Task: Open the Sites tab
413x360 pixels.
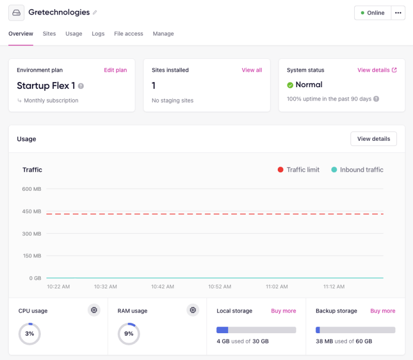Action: tap(49, 34)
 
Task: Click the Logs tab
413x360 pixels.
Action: tap(98, 34)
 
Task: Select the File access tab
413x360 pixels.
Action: tap(129, 34)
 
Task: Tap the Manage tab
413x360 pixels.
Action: tap(163, 34)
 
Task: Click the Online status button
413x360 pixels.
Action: tap(372, 13)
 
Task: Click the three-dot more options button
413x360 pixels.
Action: tap(398, 13)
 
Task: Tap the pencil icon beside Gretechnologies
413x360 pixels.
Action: tap(94, 12)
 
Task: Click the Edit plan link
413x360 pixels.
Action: tap(115, 70)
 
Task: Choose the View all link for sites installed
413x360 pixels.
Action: tap(251, 70)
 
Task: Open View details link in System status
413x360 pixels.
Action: tap(377, 70)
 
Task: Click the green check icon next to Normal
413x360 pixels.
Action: tap(290, 85)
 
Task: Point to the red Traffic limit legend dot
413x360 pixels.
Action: tap(281, 170)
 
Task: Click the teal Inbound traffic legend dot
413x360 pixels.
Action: tap(334, 170)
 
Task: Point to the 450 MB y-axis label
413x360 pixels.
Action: tap(31, 211)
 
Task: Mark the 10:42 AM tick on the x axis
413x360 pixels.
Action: tap(163, 286)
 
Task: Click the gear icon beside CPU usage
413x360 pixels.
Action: tap(94, 310)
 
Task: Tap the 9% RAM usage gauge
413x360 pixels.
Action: tap(129, 334)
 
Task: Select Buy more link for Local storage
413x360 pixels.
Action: tap(283, 311)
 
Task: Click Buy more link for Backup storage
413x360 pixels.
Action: tap(383, 311)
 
